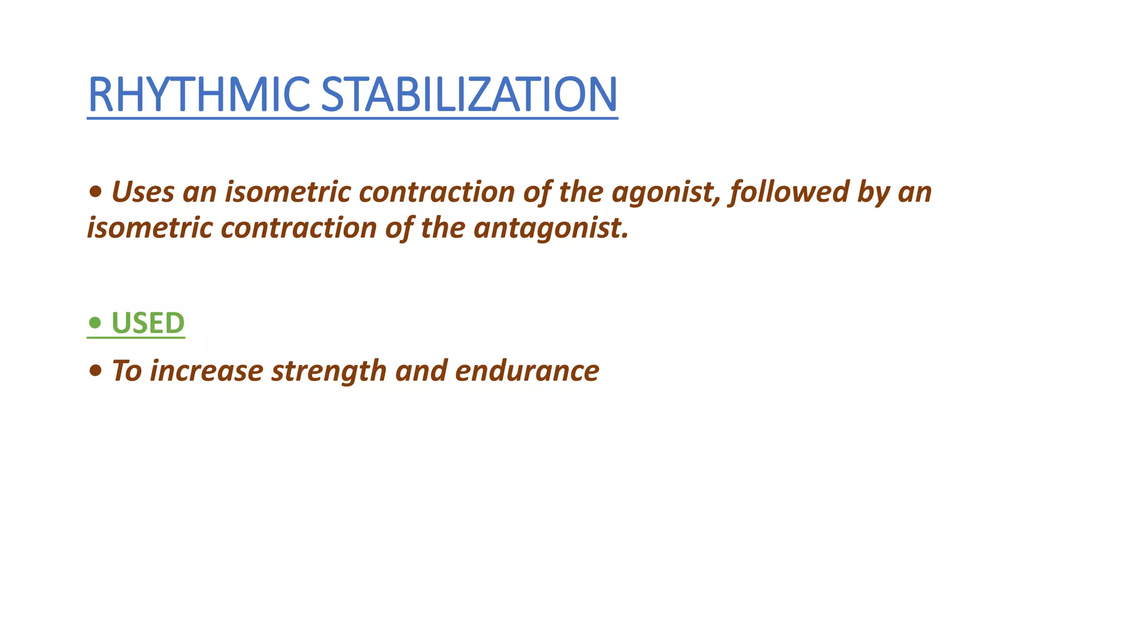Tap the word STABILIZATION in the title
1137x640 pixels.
pyautogui.click(x=469, y=94)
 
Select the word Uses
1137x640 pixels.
pyautogui.click(x=143, y=192)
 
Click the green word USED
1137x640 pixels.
pyautogui.click(x=148, y=323)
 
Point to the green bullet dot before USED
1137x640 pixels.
pyautogui.click(x=95, y=322)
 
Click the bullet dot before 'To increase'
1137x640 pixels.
pyautogui.click(x=95, y=371)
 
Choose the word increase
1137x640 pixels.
pyautogui.click(x=206, y=371)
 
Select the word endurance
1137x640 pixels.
pyautogui.click(x=527, y=371)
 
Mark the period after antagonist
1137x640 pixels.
pyautogui.click(x=625, y=237)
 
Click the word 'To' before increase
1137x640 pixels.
pyautogui.click(x=127, y=371)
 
